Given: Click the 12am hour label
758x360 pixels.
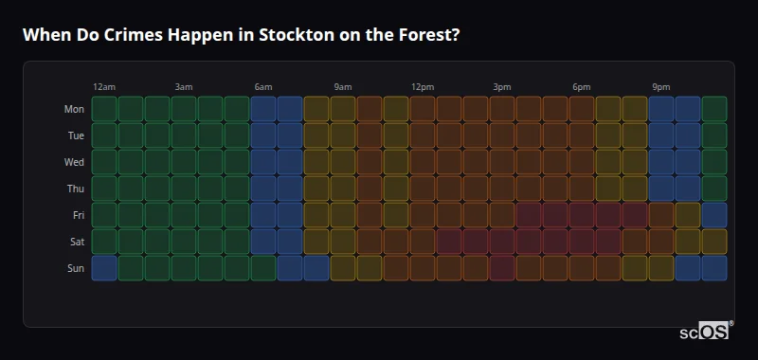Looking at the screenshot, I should (104, 87).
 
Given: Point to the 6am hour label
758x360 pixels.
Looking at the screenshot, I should (263, 87).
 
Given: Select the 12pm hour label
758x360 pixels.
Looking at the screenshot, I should (423, 87).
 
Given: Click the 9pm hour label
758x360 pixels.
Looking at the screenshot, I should (661, 87).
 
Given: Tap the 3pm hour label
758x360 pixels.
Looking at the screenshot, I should (502, 87).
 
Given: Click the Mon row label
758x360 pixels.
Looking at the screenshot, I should (74, 109).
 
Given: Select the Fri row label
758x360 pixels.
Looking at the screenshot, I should (78, 215).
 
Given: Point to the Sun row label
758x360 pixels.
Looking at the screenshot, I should (76, 268).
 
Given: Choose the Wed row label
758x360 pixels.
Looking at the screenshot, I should (74, 162).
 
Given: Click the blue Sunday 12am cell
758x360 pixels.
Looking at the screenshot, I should (104, 268).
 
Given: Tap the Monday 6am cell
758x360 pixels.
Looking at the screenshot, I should (263, 109).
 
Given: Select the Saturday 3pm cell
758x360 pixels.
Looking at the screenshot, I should (502, 242).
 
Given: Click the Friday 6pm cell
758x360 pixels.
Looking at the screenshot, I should (582, 215).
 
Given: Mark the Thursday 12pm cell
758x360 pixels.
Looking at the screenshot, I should (423, 189).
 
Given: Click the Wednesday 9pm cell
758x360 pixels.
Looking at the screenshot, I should (661, 162).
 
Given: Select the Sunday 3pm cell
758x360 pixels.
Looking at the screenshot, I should (502, 268).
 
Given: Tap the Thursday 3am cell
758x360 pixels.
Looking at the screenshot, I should (184, 189).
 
